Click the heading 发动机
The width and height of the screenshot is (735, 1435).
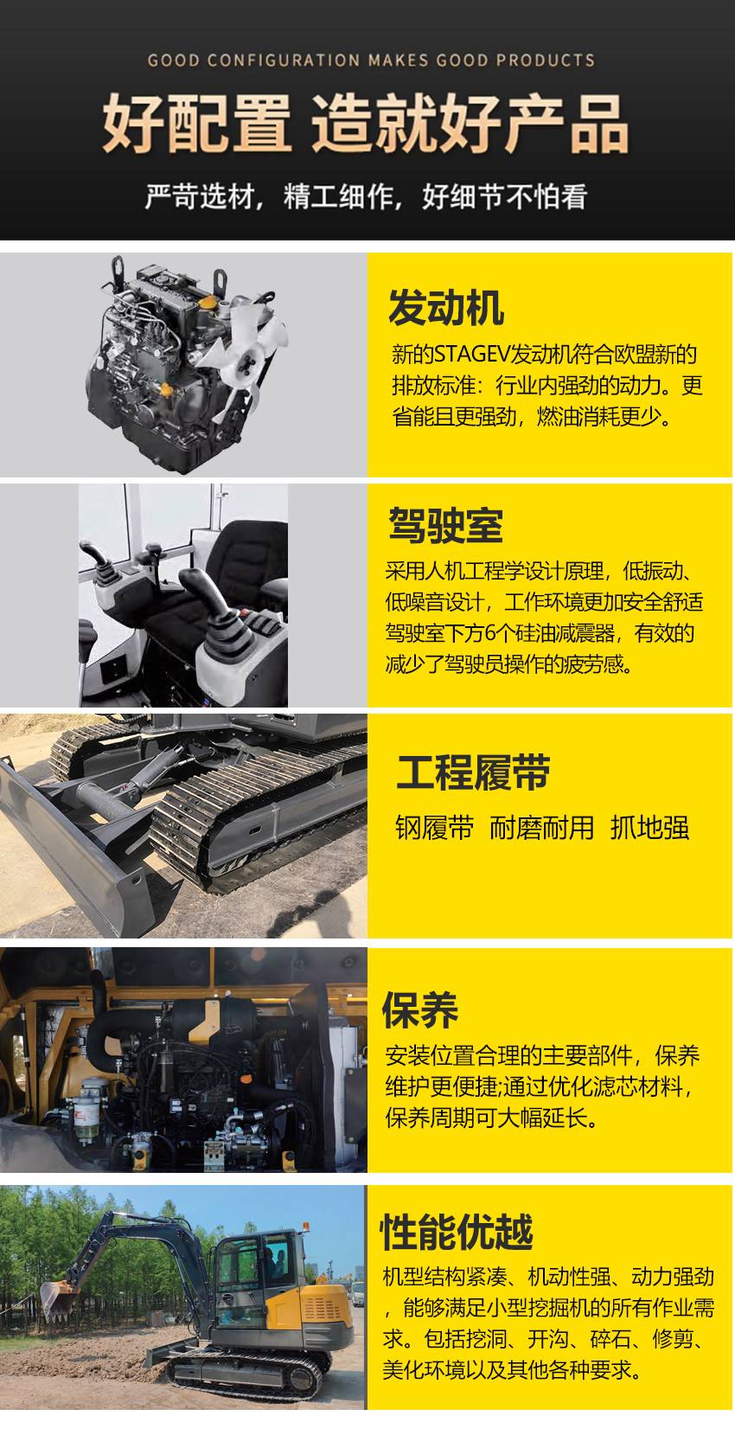point(446,308)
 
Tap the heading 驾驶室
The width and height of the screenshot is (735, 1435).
point(445,525)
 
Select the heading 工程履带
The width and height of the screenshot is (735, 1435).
point(473,772)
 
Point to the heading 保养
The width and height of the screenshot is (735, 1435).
point(420,1010)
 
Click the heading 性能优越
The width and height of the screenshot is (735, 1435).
point(457,1231)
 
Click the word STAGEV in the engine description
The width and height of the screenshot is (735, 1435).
point(472,354)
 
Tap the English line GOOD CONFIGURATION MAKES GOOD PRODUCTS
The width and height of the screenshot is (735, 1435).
point(371,61)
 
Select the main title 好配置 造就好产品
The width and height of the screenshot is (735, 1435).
point(366,123)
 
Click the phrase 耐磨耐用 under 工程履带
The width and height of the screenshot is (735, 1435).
point(541,828)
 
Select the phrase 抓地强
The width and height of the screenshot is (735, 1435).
point(650,828)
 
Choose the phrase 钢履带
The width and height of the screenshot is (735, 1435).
point(435,828)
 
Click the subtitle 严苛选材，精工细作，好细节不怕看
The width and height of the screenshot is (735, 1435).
point(367,196)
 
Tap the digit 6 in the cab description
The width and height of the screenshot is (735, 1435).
point(490,633)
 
